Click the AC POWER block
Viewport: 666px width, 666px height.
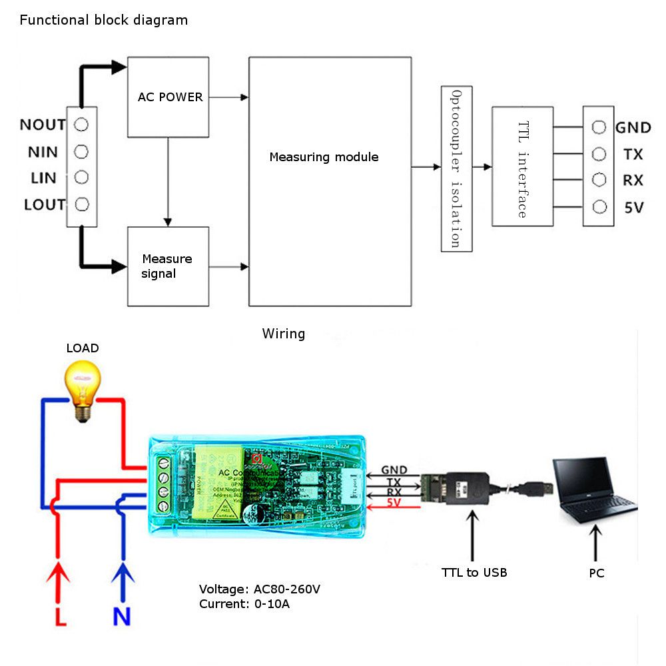pos(168,97)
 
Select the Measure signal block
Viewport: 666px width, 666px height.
pos(168,266)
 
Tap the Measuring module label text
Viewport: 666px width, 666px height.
pos(324,157)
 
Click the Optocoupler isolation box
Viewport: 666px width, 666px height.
pos(456,168)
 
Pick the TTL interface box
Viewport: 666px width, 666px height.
pos(522,166)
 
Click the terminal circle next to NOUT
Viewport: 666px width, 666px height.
pos(81,125)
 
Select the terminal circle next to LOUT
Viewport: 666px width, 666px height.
pos(81,204)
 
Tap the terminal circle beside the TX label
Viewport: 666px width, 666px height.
pos(599,154)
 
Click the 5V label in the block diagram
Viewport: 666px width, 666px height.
pos(633,208)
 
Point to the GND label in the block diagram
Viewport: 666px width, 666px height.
pos(633,127)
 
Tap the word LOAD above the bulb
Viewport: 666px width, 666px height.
pos(83,348)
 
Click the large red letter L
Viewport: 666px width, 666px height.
pos(60,616)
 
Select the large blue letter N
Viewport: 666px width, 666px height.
pos(121,616)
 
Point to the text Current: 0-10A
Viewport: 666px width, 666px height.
pos(244,604)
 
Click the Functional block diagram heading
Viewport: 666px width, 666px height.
pos(104,20)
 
